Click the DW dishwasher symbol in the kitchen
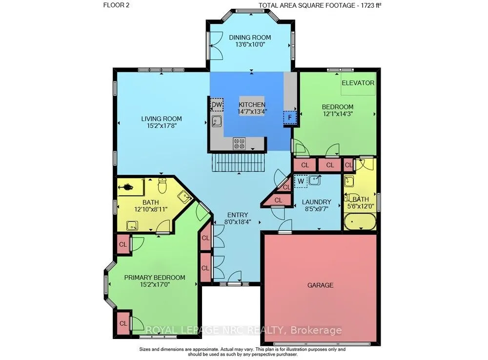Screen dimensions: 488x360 (x=217, y=105)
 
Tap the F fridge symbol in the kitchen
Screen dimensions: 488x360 (x=290, y=117)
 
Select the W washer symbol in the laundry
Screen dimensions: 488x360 (x=301, y=181)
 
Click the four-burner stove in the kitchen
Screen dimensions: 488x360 (x=239, y=144)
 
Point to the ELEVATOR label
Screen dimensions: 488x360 (x=358, y=83)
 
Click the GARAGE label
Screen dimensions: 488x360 (x=320, y=285)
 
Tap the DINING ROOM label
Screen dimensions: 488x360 (x=250, y=38)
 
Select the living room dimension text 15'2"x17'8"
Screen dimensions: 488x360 (x=161, y=126)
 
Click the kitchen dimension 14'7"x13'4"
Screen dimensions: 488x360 (x=252, y=111)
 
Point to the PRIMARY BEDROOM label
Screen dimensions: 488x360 (x=155, y=277)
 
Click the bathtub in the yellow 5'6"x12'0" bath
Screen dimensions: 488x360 (x=360, y=221)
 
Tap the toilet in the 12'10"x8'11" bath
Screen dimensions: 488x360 (x=162, y=185)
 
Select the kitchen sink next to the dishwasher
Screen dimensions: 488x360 (x=216, y=121)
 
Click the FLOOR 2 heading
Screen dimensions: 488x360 (x=117, y=5)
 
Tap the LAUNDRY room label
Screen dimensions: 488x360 (x=317, y=202)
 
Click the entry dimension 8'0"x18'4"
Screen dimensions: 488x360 (x=238, y=222)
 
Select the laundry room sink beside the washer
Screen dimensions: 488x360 (x=315, y=180)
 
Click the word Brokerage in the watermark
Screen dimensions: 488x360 (x=316, y=330)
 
